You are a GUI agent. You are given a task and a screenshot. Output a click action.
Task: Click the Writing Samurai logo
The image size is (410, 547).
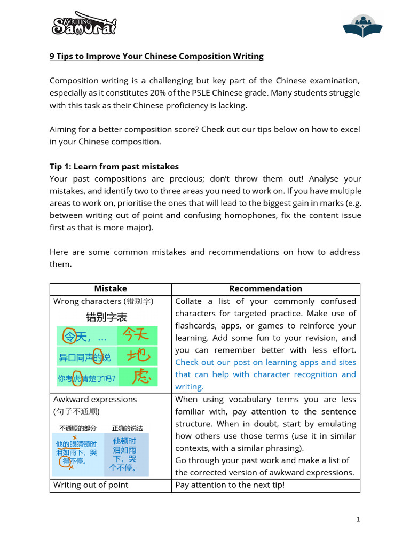coord(84,24)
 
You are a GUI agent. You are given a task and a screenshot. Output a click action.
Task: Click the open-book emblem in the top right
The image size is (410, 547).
coord(361,26)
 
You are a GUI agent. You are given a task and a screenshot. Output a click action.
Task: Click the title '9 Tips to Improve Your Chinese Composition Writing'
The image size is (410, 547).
coord(156,56)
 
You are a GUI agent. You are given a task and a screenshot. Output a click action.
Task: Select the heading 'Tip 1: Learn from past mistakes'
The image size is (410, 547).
coord(114,166)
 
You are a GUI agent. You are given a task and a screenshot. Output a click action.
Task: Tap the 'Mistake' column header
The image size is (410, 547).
coord(111,288)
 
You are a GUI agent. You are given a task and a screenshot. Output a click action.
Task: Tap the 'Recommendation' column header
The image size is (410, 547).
coord(265,288)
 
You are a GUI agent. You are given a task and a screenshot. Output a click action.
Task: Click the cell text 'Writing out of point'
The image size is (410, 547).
coord(91,485)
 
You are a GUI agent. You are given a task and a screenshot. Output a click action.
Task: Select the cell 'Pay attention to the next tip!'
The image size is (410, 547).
coord(230,485)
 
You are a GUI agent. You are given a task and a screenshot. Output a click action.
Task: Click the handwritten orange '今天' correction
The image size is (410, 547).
coord(139,335)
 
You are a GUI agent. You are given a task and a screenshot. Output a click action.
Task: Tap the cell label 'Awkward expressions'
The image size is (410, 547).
coord(95,400)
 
